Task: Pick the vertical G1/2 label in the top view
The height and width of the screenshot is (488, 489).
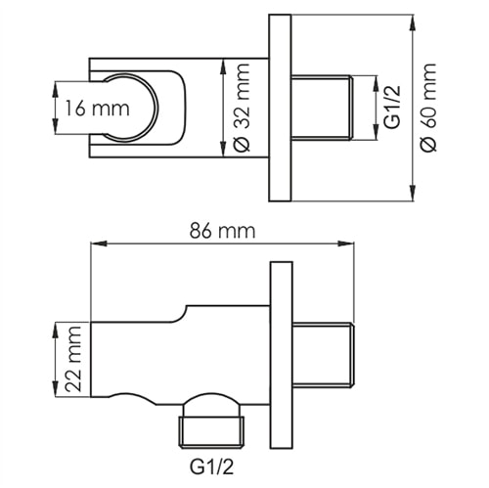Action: (x=389, y=108)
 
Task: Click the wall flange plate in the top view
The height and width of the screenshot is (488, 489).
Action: (x=281, y=108)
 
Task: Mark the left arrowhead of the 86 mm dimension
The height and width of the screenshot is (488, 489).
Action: (x=94, y=244)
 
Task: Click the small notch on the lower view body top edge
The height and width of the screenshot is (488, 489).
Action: (x=183, y=314)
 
